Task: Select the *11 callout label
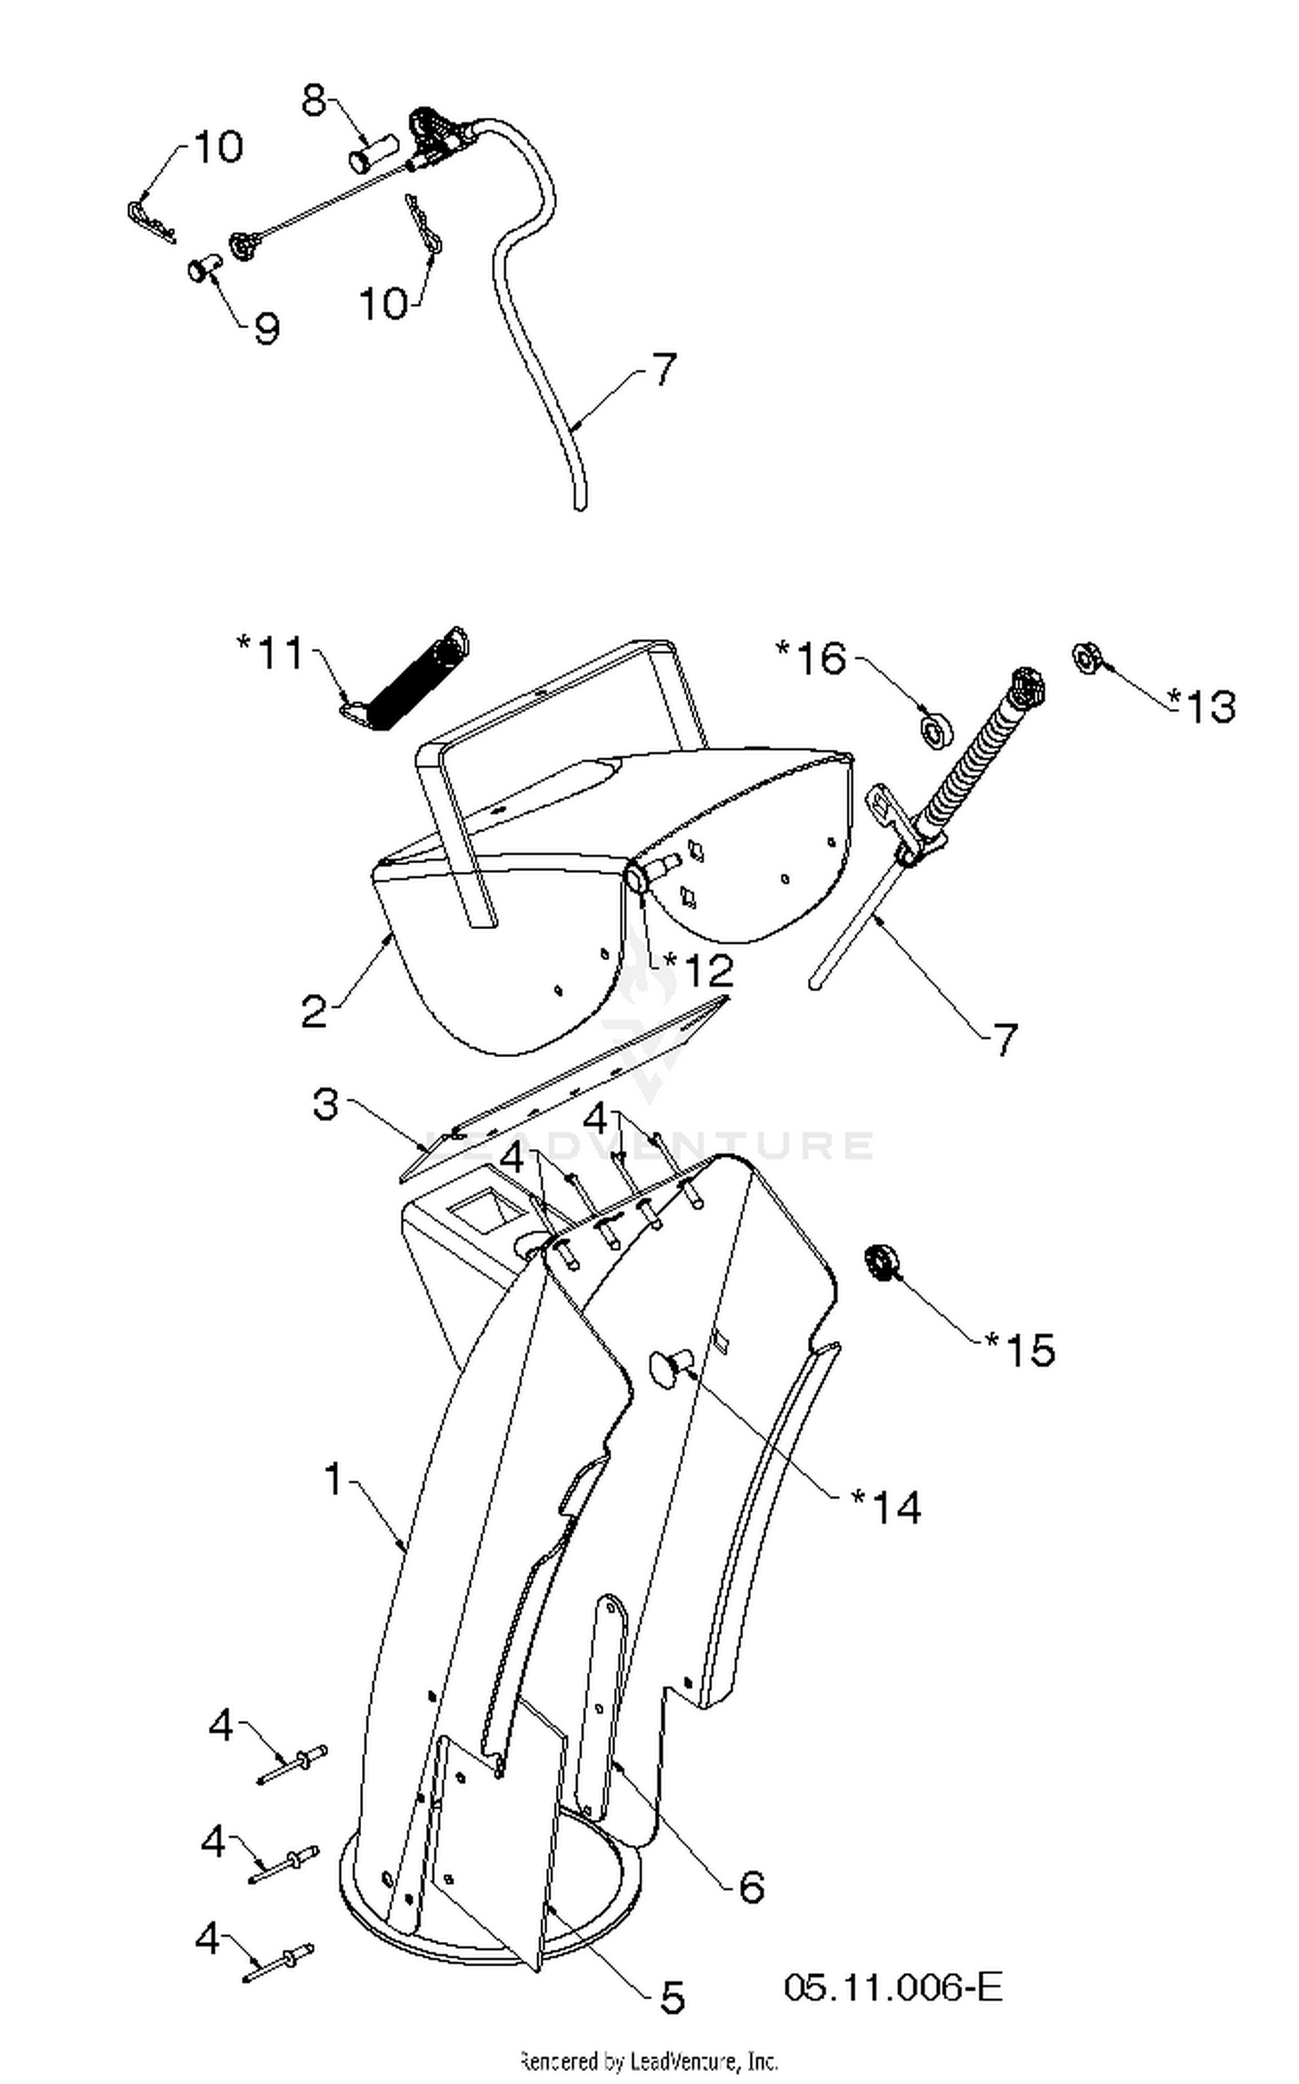[x=271, y=652]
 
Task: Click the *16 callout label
[x=811, y=658]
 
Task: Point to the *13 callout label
[x=1201, y=706]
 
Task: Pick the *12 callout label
[x=698, y=971]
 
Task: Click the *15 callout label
[x=1020, y=1350]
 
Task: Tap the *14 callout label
[x=887, y=1507]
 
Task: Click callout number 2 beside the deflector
[x=315, y=1011]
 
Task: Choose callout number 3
[x=326, y=1105]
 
